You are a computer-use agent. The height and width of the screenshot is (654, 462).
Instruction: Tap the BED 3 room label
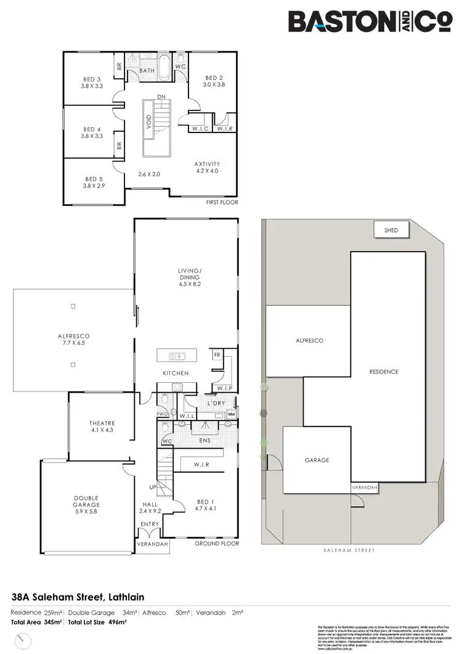click(x=92, y=79)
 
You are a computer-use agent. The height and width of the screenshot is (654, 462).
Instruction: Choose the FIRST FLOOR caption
click(x=222, y=202)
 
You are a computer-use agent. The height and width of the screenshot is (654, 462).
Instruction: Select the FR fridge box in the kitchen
click(x=217, y=356)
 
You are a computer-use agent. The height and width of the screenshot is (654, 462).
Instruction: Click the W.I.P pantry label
click(x=224, y=388)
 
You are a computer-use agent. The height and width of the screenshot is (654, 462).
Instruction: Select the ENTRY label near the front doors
click(x=150, y=524)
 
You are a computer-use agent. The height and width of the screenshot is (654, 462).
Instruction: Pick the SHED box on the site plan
click(x=391, y=230)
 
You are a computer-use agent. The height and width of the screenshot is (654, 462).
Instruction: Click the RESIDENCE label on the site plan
click(x=384, y=372)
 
